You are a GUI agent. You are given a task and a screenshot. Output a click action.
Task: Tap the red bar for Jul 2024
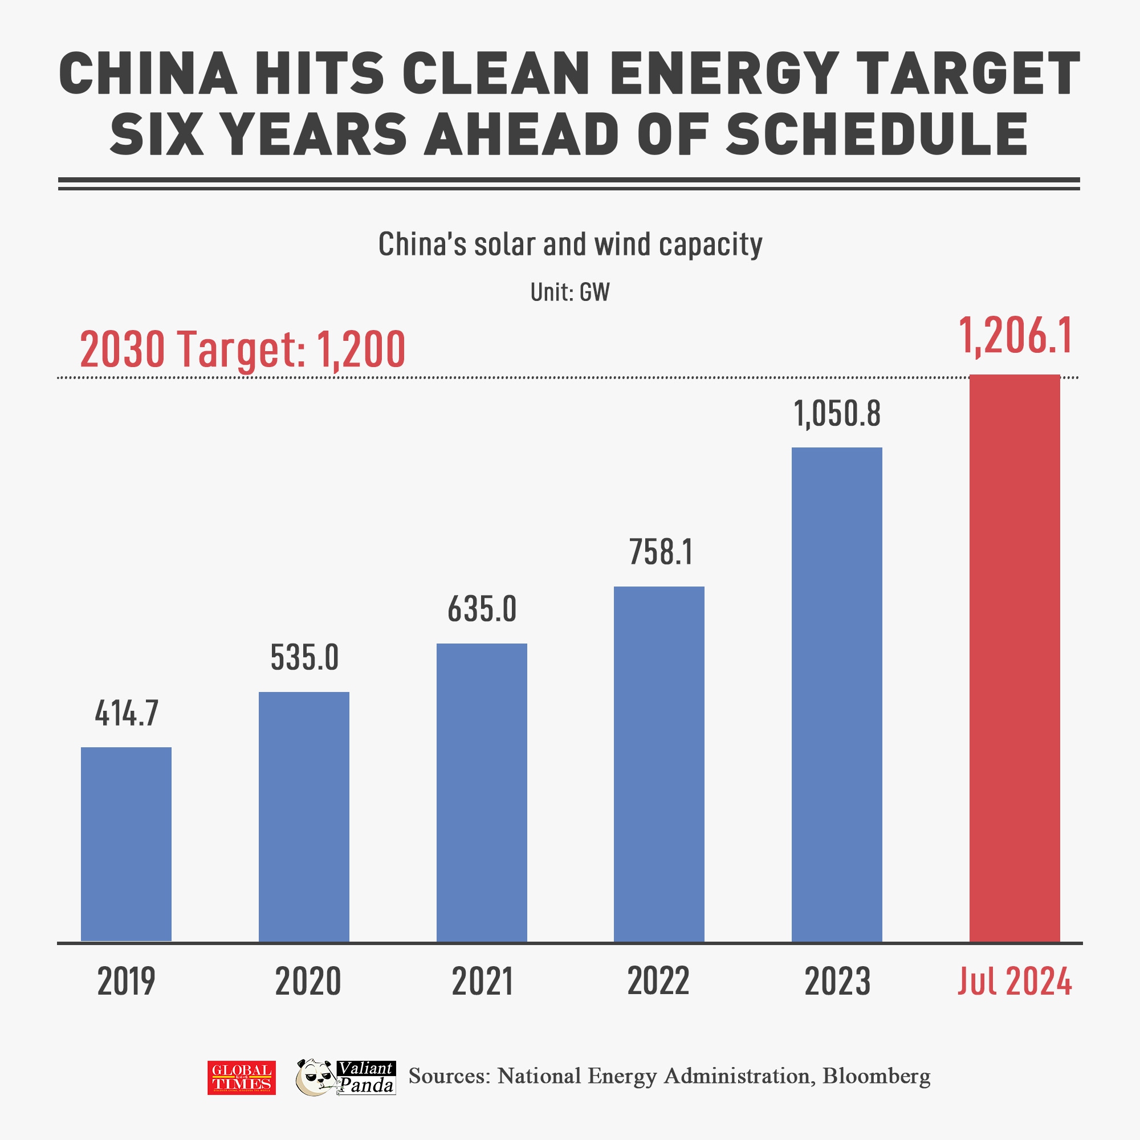(1015, 658)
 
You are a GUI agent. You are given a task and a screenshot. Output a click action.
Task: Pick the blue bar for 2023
(837, 694)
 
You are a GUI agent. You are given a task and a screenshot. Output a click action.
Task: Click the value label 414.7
(127, 714)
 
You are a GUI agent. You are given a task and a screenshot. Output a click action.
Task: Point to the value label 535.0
(304, 658)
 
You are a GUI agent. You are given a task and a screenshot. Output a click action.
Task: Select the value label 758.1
(660, 552)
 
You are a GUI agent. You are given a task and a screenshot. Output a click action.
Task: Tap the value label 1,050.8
(837, 414)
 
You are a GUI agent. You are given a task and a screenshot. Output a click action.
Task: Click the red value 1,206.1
(1015, 336)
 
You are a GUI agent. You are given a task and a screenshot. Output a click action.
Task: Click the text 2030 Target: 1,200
(242, 349)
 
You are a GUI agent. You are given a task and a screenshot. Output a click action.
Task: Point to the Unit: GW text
(569, 292)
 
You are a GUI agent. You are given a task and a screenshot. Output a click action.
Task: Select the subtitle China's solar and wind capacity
(570, 245)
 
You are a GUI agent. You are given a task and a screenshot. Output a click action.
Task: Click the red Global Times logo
(241, 1077)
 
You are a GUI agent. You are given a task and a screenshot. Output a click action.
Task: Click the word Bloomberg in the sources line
(876, 1076)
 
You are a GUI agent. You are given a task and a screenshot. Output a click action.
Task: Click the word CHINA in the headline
(148, 74)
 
